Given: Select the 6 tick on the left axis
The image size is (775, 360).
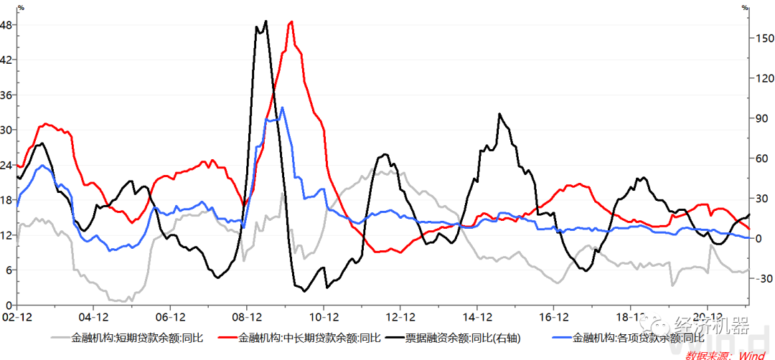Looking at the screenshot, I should (9, 270).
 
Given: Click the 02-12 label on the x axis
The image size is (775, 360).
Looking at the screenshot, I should (16, 316).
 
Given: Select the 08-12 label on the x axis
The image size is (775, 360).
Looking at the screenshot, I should (246, 316).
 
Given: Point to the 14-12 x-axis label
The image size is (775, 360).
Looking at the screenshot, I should (476, 316).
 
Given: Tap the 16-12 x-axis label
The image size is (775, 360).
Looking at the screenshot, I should (553, 316).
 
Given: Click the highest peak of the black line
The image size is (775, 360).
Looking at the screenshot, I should (266, 21).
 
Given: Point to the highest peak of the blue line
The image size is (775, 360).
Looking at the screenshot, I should (283, 108).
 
